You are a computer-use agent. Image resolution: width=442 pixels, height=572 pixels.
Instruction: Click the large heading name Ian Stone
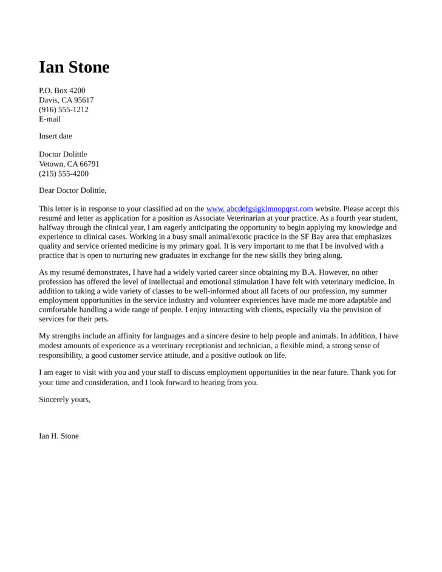(74, 67)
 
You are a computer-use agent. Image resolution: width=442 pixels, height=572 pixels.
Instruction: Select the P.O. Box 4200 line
(62, 90)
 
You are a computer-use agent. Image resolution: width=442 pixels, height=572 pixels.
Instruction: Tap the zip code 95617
(84, 100)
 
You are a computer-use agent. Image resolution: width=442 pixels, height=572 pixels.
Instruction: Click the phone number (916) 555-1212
(64, 110)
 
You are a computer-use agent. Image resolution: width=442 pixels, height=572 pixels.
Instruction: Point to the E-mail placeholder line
(50, 119)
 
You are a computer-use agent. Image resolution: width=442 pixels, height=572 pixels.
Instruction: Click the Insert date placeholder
(55, 136)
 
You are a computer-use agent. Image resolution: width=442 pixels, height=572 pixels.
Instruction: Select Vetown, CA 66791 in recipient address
(69, 164)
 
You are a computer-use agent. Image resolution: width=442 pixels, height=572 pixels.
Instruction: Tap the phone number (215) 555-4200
(64, 173)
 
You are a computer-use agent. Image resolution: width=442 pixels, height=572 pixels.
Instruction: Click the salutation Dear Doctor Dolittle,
(73, 190)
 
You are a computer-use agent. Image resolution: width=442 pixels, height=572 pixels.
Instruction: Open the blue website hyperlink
(259, 209)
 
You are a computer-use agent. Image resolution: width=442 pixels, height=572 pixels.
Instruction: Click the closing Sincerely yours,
(64, 399)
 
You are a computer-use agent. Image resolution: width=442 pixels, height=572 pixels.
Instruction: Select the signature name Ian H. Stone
(59, 436)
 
